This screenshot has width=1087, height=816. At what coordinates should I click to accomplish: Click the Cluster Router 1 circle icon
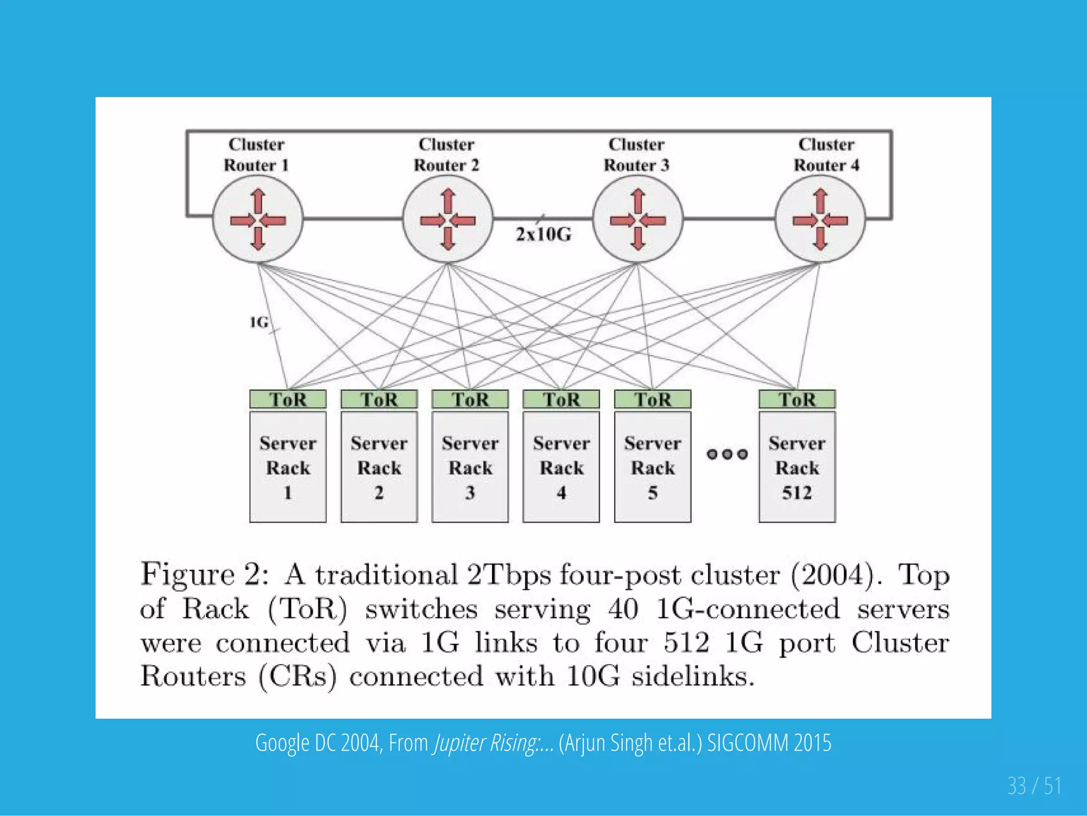258,219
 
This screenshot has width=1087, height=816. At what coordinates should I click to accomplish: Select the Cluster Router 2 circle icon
447,219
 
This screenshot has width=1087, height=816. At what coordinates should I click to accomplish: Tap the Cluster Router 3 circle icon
637,219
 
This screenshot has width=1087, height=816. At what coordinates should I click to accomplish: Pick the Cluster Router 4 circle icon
820,219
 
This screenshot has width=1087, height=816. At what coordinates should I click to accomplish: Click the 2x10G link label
543,234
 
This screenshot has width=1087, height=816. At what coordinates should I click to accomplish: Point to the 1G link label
259,322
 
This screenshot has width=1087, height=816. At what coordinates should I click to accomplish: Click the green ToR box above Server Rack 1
288,399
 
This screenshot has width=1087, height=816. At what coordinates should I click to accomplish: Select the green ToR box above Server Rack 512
797,399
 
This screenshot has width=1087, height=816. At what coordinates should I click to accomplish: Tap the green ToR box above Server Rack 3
470,399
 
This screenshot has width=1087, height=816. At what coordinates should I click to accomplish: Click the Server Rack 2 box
379,467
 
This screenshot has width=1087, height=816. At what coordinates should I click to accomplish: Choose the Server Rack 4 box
561,467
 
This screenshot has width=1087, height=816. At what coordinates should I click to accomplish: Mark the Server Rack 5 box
652,467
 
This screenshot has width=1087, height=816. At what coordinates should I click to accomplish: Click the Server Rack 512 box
797,467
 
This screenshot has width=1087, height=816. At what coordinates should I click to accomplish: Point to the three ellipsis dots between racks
727,454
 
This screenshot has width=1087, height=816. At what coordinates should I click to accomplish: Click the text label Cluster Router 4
826,154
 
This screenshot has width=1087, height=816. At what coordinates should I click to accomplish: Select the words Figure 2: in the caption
204,574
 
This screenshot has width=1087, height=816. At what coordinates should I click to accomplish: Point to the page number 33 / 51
1034,786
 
